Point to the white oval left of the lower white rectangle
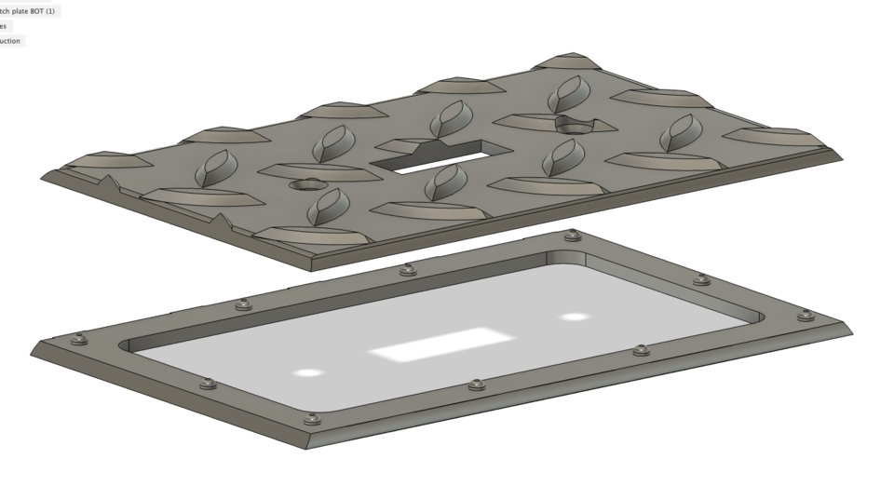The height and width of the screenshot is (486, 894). (x=310, y=373)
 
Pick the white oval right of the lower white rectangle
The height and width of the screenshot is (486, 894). (x=576, y=317)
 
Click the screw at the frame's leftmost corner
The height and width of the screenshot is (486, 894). (x=79, y=339)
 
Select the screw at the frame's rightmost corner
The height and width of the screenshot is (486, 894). (x=806, y=316)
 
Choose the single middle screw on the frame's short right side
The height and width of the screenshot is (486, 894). (x=702, y=279)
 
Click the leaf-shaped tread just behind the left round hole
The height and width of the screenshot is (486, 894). (x=332, y=144)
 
